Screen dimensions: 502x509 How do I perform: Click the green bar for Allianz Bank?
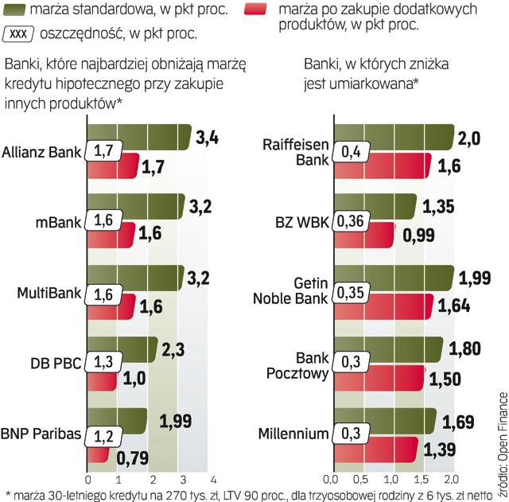139,137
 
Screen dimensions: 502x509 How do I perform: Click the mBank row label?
58,222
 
